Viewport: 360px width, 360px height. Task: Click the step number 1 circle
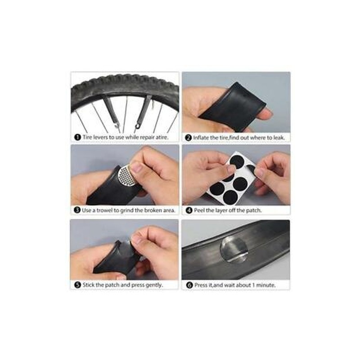pyautogui.click(x=77, y=137)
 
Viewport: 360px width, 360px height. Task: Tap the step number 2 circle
pyautogui.click(x=188, y=138)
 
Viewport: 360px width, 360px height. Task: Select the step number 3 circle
pyautogui.click(x=77, y=210)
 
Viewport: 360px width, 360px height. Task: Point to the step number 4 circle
pyautogui.click(x=189, y=210)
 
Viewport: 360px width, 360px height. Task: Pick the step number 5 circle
pyautogui.click(x=77, y=285)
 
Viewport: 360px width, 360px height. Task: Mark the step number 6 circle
pyautogui.click(x=189, y=285)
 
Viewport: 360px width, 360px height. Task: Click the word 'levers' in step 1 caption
pyautogui.click(x=100, y=137)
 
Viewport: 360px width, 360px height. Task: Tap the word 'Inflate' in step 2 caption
pyautogui.click(x=201, y=138)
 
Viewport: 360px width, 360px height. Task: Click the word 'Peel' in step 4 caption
pyautogui.click(x=199, y=210)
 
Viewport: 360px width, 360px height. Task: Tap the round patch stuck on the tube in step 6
pyautogui.click(x=234, y=250)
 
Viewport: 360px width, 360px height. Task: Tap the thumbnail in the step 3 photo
pyautogui.click(x=137, y=167)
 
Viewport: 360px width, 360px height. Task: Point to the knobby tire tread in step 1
pyautogui.click(x=125, y=84)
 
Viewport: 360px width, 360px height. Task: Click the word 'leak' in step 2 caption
pyautogui.click(x=279, y=138)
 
